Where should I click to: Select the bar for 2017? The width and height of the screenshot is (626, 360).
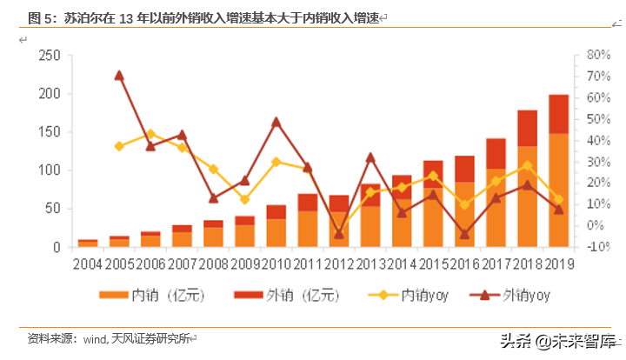tap(496, 193)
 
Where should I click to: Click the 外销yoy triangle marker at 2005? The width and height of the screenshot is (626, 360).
tap(119, 76)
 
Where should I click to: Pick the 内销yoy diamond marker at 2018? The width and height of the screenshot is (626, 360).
tap(527, 165)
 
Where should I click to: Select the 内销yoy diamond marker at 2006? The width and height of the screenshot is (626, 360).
tap(150, 134)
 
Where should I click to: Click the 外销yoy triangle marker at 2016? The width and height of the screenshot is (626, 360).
tap(464, 234)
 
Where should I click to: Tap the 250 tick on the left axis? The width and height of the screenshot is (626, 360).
tap(49, 55)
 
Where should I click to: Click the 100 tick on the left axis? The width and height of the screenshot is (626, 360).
tap(49, 170)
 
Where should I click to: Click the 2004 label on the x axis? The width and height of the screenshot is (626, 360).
tap(88, 264)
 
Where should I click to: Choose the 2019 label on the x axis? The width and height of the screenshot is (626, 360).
tap(558, 264)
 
